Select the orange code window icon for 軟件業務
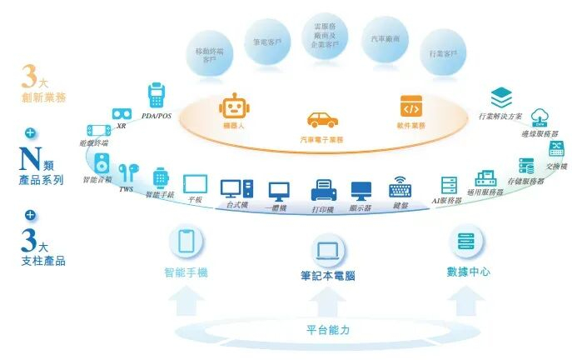tap(411, 106)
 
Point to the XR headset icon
tap(122, 113)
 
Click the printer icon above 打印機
tap(323, 190)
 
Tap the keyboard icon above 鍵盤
tap(400, 187)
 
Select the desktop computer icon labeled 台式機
tap(231, 188)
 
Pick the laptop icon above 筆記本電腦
tap(327, 247)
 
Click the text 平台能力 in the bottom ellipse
tap(327, 330)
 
